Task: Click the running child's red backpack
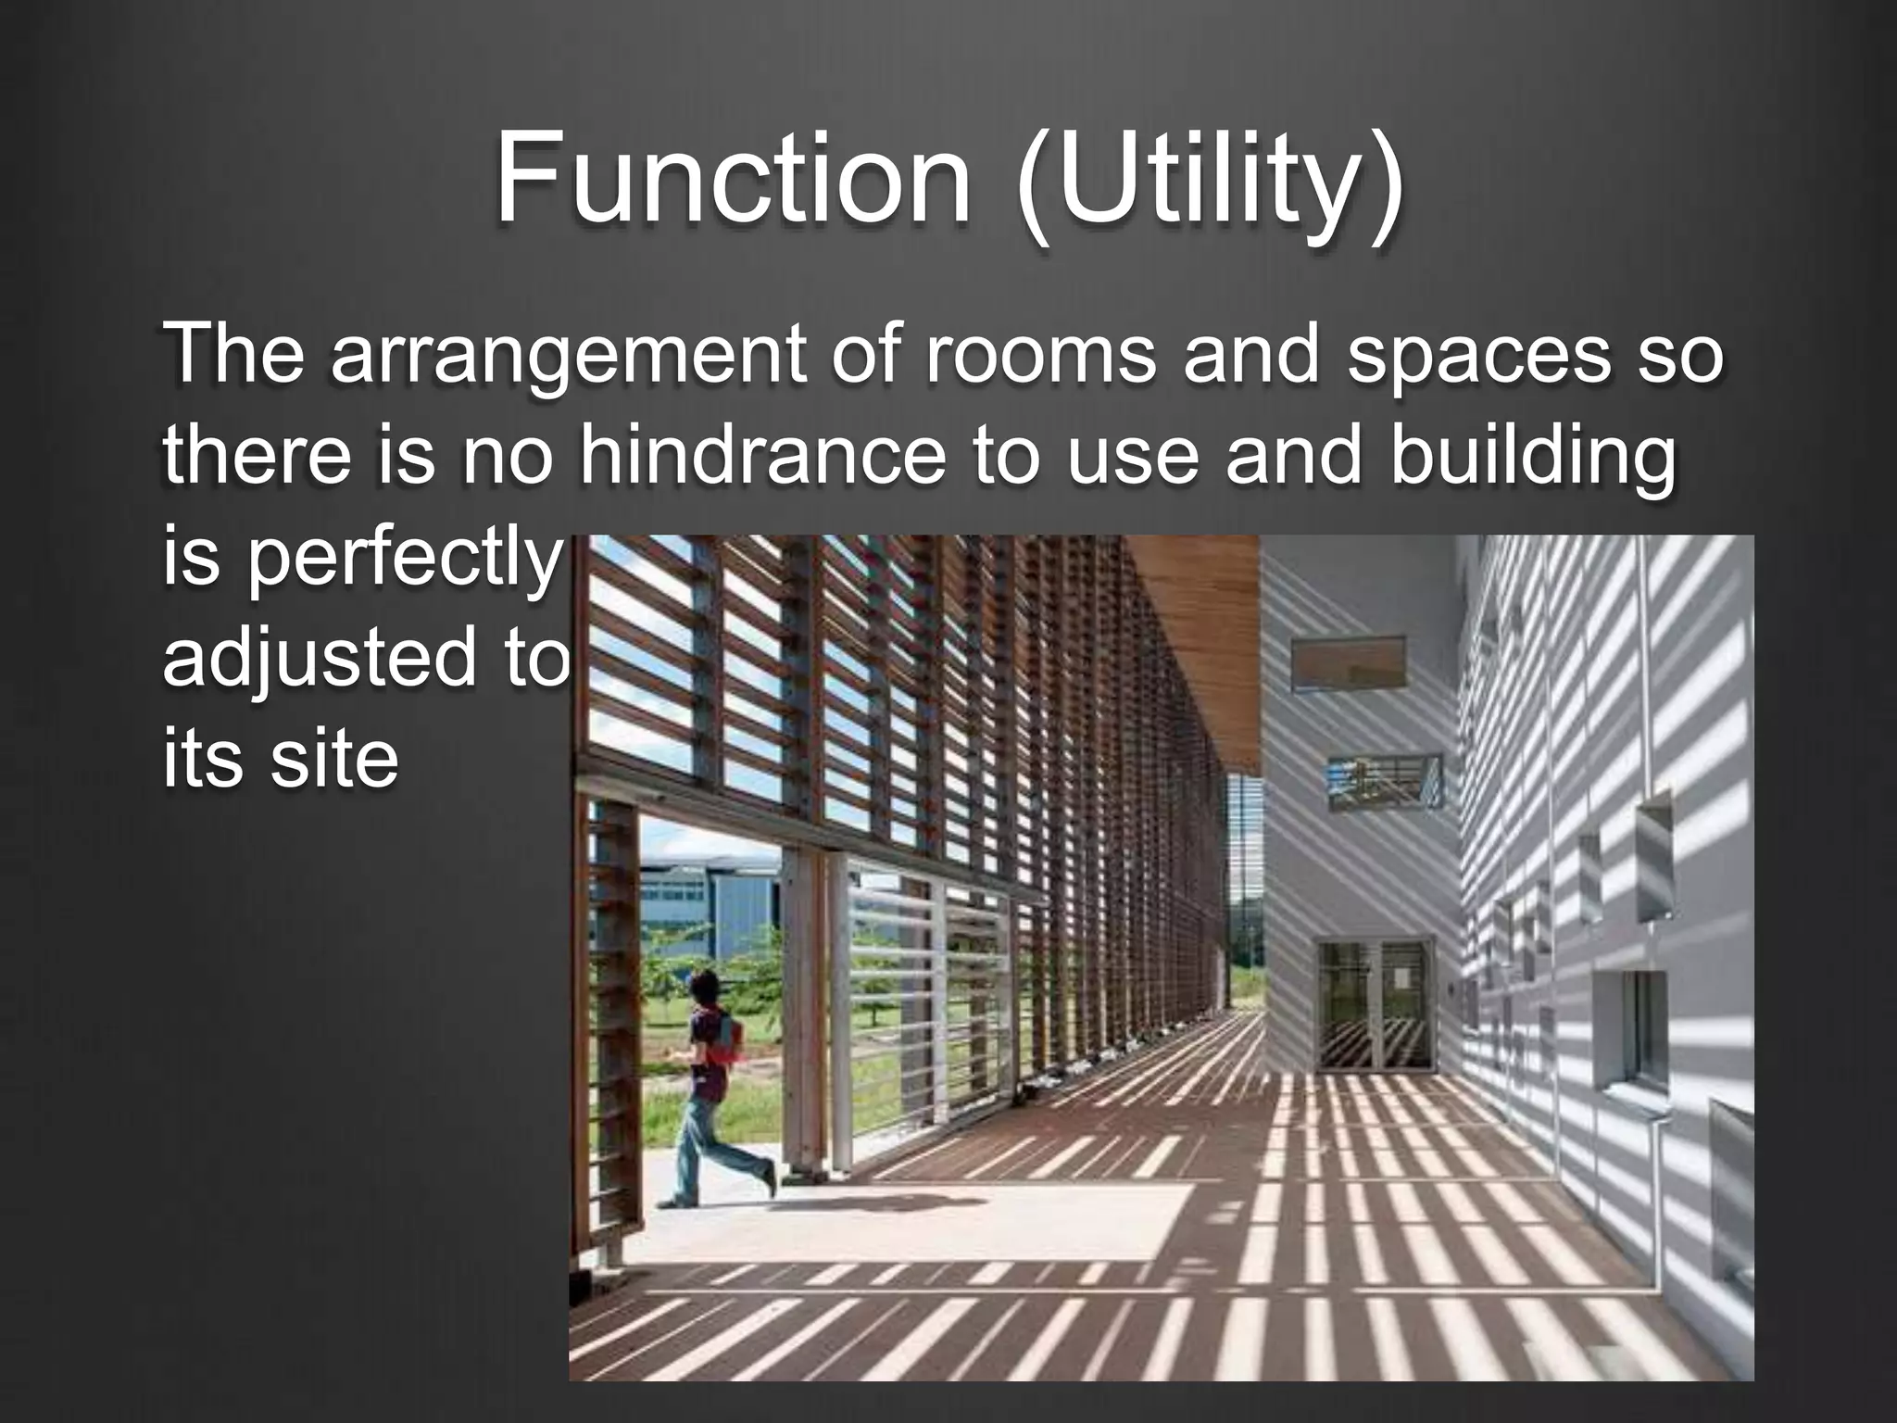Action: click(x=731, y=1039)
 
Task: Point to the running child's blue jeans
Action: click(x=712, y=1148)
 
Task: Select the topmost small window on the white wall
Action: click(x=1348, y=663)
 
